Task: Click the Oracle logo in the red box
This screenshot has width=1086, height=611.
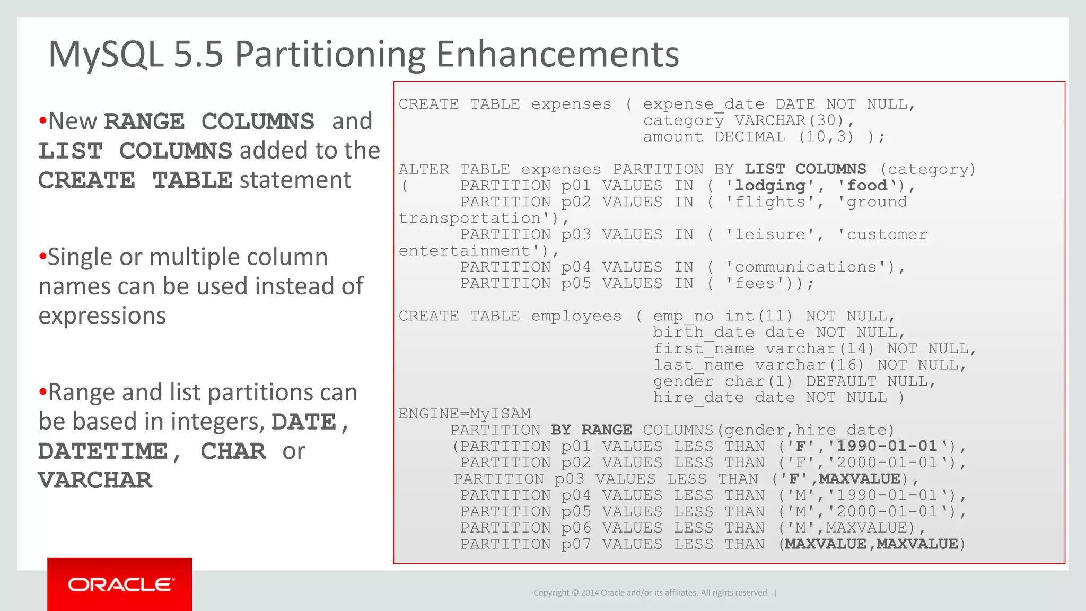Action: (x=120, y=584)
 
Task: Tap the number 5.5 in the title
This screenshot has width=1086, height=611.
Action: (x=198, y=54)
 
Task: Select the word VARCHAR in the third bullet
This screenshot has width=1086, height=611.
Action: (x=95, y=481)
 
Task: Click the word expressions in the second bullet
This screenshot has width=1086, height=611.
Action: (x=102, y=316)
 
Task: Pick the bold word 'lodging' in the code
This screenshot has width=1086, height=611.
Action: (x=770, y=186)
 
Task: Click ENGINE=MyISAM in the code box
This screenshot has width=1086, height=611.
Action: (x=465, y=414)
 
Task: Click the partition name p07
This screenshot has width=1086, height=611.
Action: (x=576, y=544)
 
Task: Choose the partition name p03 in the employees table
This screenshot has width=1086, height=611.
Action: (x=569, y=479)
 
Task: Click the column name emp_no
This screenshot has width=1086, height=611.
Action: (x=683, y=316)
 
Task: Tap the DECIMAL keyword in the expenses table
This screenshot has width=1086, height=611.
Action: (x=749, y=137)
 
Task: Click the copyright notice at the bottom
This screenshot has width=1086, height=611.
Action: (x=651, y=592)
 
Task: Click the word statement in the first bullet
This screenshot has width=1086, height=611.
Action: (x=295, y=180)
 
